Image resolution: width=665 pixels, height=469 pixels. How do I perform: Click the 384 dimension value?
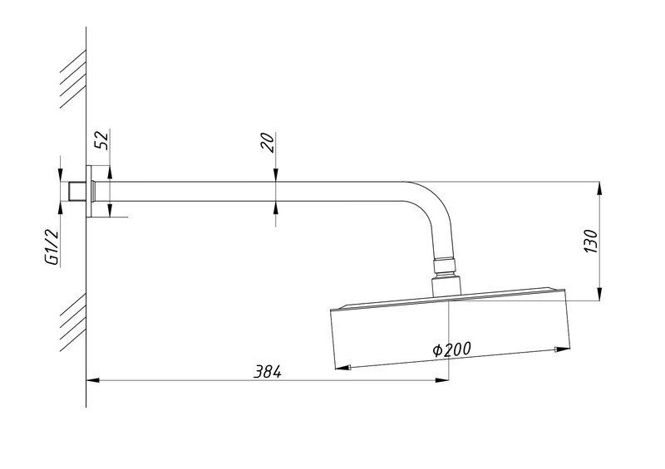tap(268, 372)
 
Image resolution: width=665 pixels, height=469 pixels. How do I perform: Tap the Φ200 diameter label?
tap(451, 349)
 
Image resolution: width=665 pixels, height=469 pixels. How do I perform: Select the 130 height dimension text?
tap(591, 242)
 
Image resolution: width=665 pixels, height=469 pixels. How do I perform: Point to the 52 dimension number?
tap(101, 139)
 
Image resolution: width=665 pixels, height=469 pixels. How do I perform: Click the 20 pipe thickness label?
tap(268, 142)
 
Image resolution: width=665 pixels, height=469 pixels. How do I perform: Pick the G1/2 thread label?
tap(52, 247)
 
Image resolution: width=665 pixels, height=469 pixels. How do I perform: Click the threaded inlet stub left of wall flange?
tap(77, 192)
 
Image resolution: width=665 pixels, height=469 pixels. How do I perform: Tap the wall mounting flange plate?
tap(89, 191)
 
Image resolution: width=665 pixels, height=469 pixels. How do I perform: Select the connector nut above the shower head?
tap(446, 266)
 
